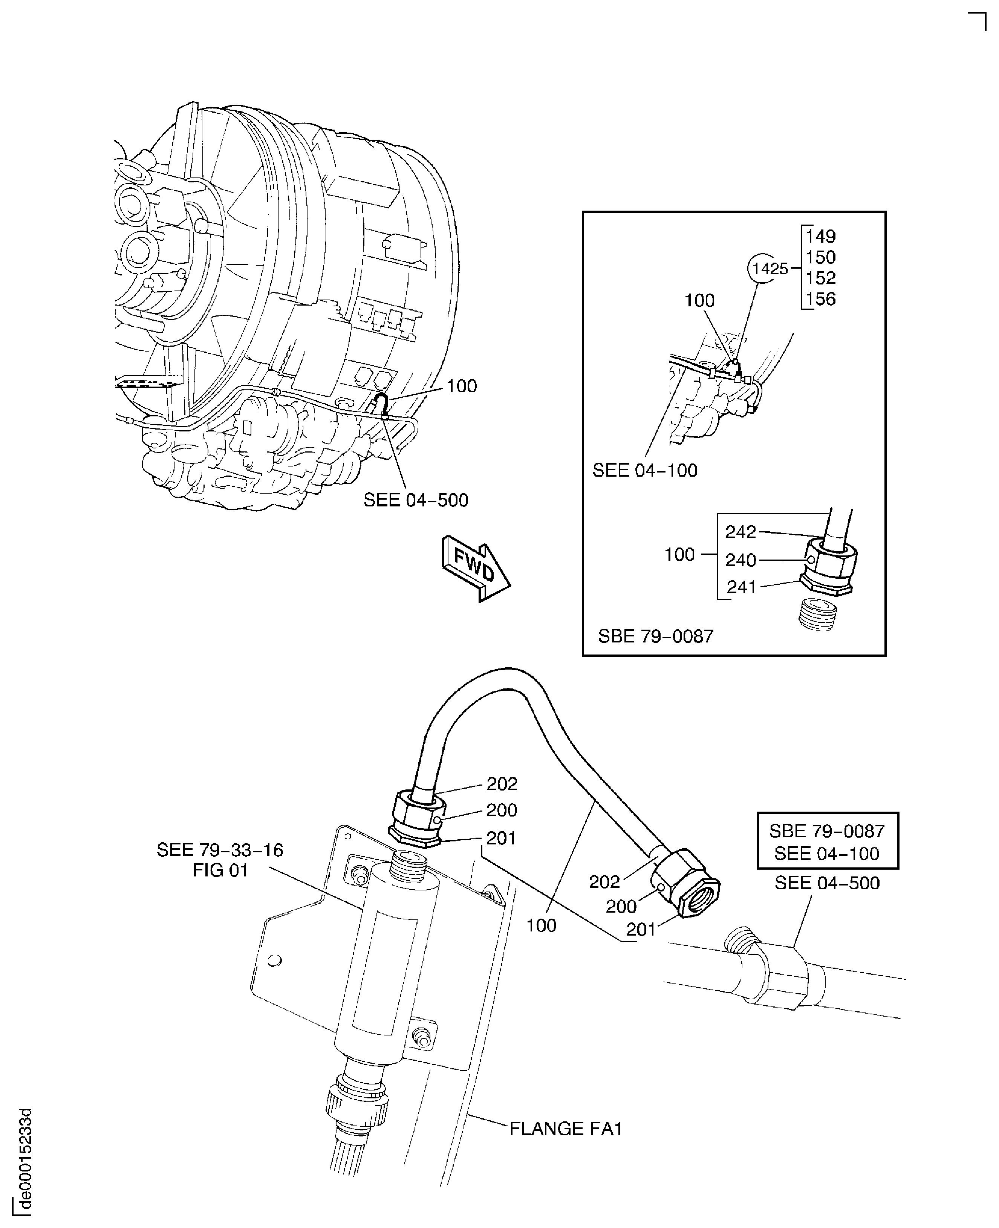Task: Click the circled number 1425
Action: [x=770, y=269]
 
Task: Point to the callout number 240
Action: [x=740, y=560]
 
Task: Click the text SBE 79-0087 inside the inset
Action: [x=655, y=636]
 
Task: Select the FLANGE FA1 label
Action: [x=566, y=1129]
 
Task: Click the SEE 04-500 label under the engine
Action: [x=416, y=500]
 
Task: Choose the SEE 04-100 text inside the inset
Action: [x=644, y=471]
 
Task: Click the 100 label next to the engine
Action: [x=462, y=386]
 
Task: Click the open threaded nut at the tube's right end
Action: [x=698, y=893]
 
